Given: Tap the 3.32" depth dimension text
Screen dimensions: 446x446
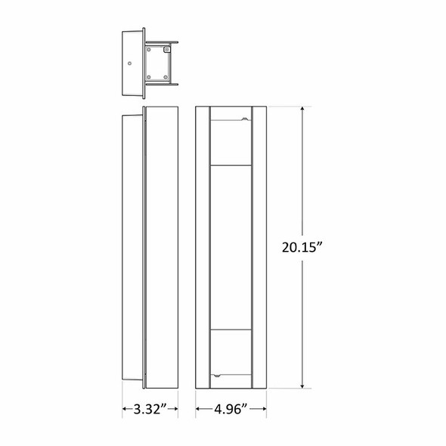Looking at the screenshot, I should click(150, 410).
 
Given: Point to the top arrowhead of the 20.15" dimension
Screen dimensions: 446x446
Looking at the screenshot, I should click(304, 110).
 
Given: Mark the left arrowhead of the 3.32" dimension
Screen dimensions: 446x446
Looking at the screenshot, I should click(124, 410).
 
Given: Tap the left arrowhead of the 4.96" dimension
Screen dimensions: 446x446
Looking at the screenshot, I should click(198, 410).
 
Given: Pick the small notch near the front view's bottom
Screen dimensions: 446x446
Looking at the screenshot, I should click(216, 374).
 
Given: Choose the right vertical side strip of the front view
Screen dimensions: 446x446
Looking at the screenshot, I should click(259, 247).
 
